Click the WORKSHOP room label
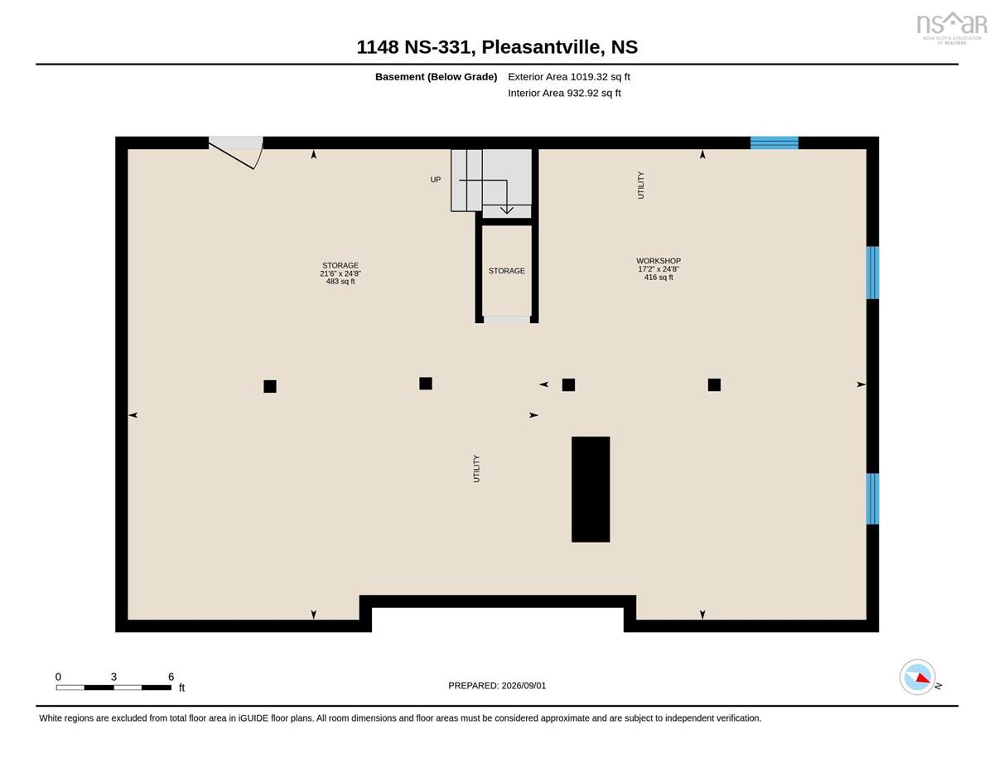click(x=659, y=261)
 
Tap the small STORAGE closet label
click(x=506, y=271)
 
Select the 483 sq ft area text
click(x=340, y=282)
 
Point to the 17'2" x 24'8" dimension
click(x=659, y=269)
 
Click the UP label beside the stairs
click(x=436, y=180)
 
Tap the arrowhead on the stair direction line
click(x=506, y=210)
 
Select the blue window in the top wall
click(x=774, y=142)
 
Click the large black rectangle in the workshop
click(x=591, y=490)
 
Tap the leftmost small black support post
click(x=270, y=387)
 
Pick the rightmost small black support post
click(x=714, y=385)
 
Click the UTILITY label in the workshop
click(x=641, y=186)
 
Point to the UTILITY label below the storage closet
click(x=476, y=468)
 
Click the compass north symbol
click(x=918, y=677)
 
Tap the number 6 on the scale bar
click(x=171, y=677)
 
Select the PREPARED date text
click(x=497, y=686)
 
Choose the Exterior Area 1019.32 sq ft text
click(x=568, y=77)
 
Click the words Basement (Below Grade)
click(x=436, y=77)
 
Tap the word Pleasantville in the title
click(x=541, y=47)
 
